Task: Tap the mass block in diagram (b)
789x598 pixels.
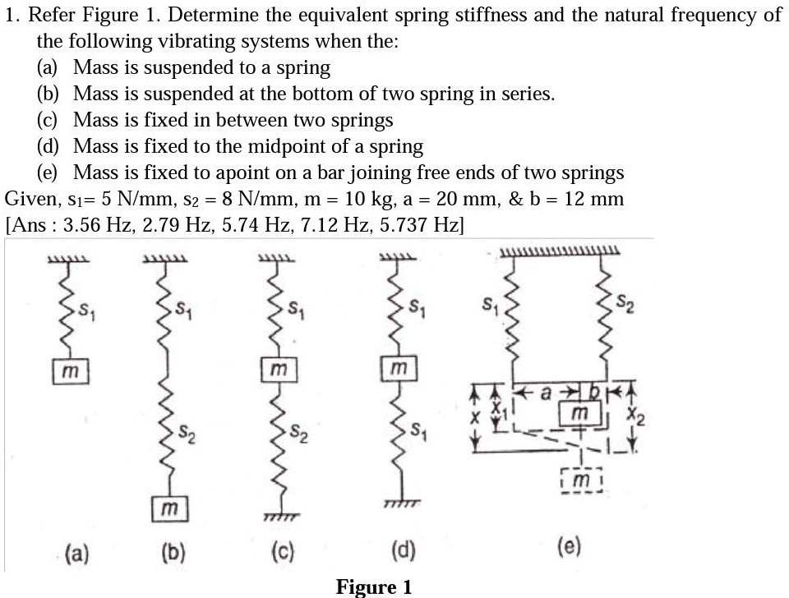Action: pyautogui.click(x=169, y=510)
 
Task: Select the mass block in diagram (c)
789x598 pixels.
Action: pyautogui.click(x=279, y=370)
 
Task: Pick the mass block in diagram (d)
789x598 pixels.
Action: pyautogui.click(x=399, y=370)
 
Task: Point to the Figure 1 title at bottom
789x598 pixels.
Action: pyautogui.click(x=373, y=586)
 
